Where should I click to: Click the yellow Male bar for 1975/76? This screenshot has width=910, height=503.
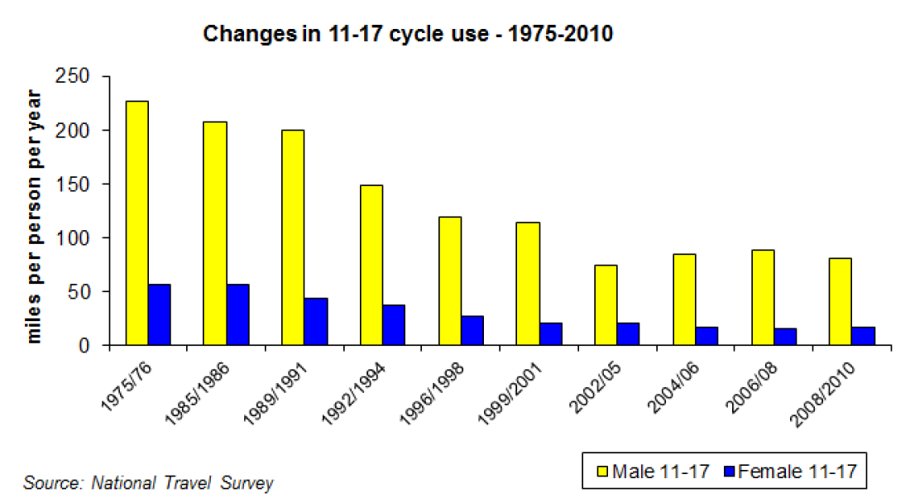click(136, 223)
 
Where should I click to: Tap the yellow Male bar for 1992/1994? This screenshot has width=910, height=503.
click(371, 265)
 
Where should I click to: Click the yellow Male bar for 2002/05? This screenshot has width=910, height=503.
click(606, 304)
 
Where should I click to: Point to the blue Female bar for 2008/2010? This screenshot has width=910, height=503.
click(863, 336)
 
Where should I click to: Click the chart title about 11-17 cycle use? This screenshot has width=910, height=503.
click(408, 34)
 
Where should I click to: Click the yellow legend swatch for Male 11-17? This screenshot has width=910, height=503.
click(603, 472)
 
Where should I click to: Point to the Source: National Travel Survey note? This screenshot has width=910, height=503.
click(148, 482)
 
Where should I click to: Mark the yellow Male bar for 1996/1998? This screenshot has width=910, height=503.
click(449, 281)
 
